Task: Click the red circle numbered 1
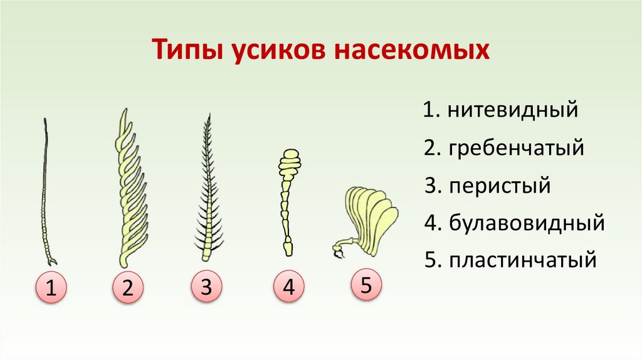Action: pos(51,289)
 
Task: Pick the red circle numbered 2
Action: pos(128,289)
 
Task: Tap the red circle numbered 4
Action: pos(288,288)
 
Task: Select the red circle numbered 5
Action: pos(367,285)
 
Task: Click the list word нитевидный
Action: pos(512,111)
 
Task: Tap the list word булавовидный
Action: pos(526,223)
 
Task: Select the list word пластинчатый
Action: pos(522,260)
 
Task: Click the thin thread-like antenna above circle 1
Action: pos(45,188)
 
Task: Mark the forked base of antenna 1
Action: pos(51,258)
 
